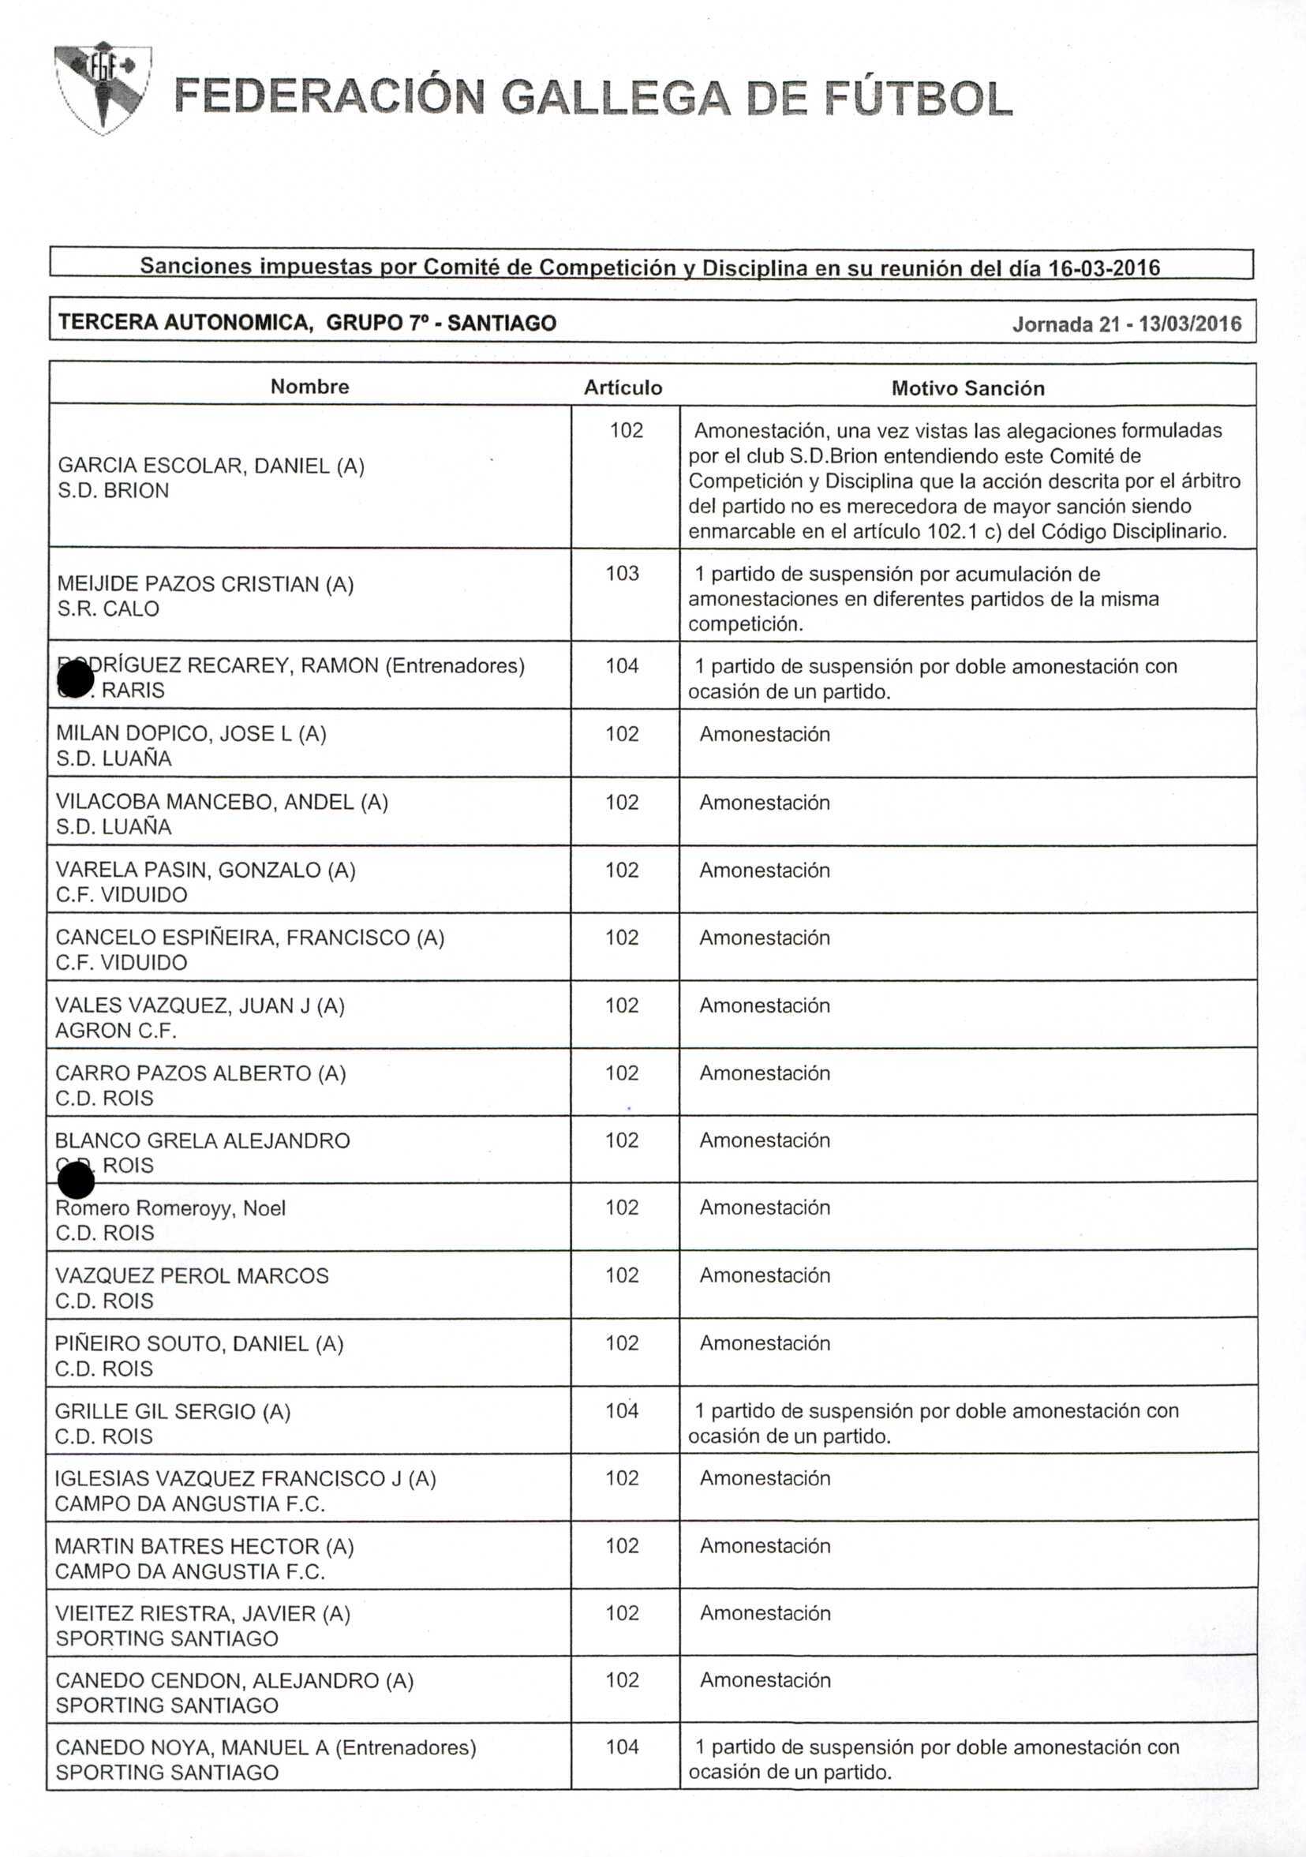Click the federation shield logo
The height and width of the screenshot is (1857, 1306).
pyautogui.click(x=103, y=87)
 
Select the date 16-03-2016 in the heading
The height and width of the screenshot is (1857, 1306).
pyautogui.click(x=1104, y=268)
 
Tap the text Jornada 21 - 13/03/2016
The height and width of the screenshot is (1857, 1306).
pyautogui.click(x=1127, y=324)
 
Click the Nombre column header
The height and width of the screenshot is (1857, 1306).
pyautogui.click(x=309, y=387)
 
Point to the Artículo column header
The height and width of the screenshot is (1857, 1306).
pyautogui.click(x=623, y=388)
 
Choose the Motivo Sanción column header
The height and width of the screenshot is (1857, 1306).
pyautogui.click(x=967, y=388)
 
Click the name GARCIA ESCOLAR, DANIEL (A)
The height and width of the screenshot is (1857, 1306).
pyautogui.click(x=211, y=466)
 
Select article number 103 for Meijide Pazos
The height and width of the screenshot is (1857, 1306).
pyautogui.click(x=622, y=574)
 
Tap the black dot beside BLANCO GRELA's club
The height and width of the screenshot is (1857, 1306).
pyautogui.click(x=77, y=1181)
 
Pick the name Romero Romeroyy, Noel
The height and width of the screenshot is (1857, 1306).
pyautogui.click(x=170, y=1208)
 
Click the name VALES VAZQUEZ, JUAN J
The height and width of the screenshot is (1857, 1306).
pyautogui.click(x=200, y=1005)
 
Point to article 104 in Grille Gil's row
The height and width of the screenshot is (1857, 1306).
pyautogui.click(x=622, y=1410)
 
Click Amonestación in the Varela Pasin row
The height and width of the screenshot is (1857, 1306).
pyautogui.click(x=764, y=870)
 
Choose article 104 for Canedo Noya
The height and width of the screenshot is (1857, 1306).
pyautogui.click(x=622, y=1747)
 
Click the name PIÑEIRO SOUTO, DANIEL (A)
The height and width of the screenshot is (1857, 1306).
pyautogui.click(x=199, y=1343)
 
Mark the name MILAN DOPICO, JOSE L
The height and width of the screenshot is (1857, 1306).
pyautogui.click(x=191, y=734)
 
